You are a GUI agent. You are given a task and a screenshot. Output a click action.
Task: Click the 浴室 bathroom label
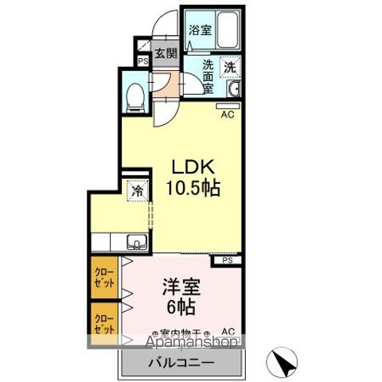199,30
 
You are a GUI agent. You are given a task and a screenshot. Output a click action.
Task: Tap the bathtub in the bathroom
228,29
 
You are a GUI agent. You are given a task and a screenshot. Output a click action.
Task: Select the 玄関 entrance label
166,54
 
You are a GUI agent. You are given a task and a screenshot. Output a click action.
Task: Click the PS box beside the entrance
143,60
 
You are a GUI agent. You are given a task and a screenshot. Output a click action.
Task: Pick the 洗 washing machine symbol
228,68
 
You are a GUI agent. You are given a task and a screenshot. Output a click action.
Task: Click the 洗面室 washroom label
207,77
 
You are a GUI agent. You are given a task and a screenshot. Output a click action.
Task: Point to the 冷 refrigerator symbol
138,192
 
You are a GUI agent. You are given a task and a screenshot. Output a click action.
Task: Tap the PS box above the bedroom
226,259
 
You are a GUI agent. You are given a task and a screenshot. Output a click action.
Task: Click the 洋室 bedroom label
181,285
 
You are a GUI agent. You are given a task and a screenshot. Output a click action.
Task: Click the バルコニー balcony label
181,363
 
